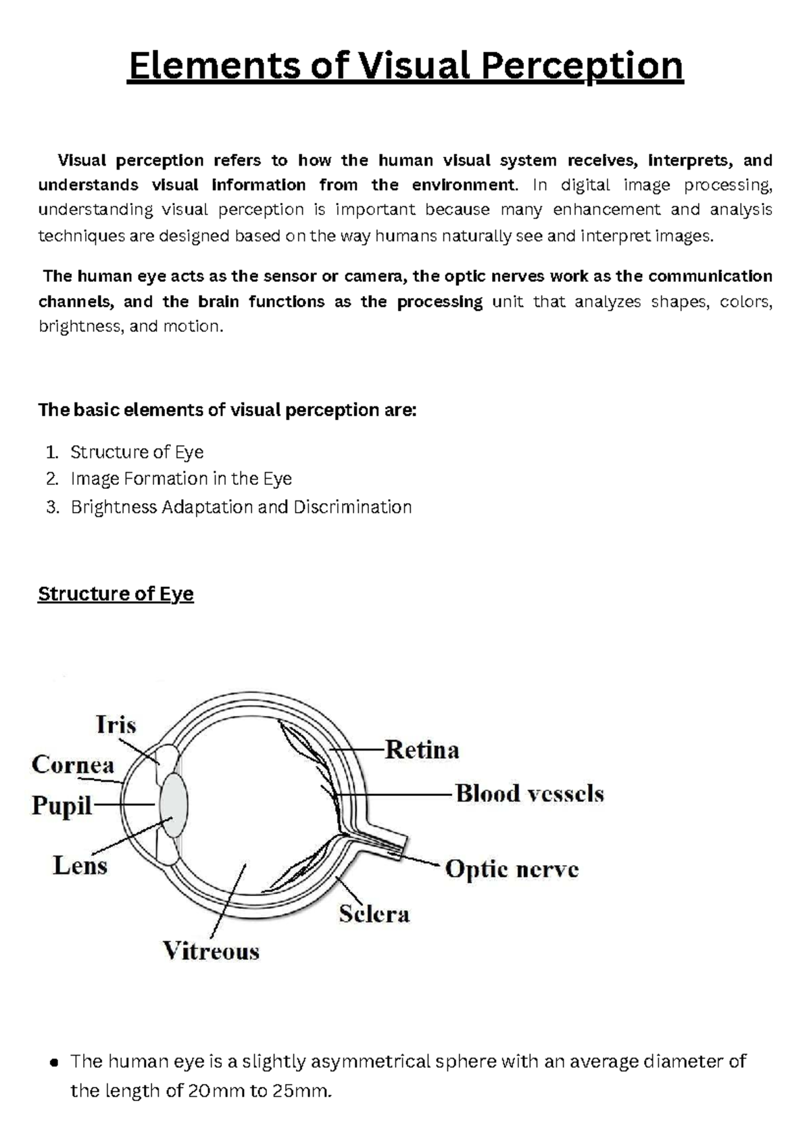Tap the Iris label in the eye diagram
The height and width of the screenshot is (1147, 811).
[x=116, y=725]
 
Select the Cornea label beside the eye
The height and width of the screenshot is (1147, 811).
[x=73, y=765]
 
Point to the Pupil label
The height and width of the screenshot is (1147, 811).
[x=62, y=806]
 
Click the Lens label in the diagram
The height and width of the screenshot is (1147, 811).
[x=80, y=866]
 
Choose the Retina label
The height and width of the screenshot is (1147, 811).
[x=422, y=750]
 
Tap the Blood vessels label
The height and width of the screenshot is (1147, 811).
[x=530, y=793]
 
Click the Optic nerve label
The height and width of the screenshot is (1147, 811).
[x=512, y=869]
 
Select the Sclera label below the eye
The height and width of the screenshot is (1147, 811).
[x=374, y=914]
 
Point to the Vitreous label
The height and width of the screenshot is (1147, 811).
[x=211, y=952]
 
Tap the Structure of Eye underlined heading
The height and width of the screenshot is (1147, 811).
[x=116, y=594]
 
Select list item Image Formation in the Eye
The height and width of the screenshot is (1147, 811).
[x=181, y=479]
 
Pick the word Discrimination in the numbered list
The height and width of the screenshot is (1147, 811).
[x=352, y=507]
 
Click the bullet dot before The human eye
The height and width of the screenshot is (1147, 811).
[x=55, y=1062]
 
